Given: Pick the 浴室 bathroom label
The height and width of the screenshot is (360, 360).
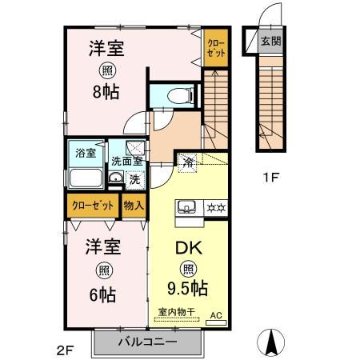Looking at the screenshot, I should (85, 150).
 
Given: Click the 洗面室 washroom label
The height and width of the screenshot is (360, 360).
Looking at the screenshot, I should (126, 161).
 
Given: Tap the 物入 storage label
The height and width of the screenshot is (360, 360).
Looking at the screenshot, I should (134, 206).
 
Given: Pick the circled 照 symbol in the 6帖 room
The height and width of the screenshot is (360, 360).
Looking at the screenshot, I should (102, 270).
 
